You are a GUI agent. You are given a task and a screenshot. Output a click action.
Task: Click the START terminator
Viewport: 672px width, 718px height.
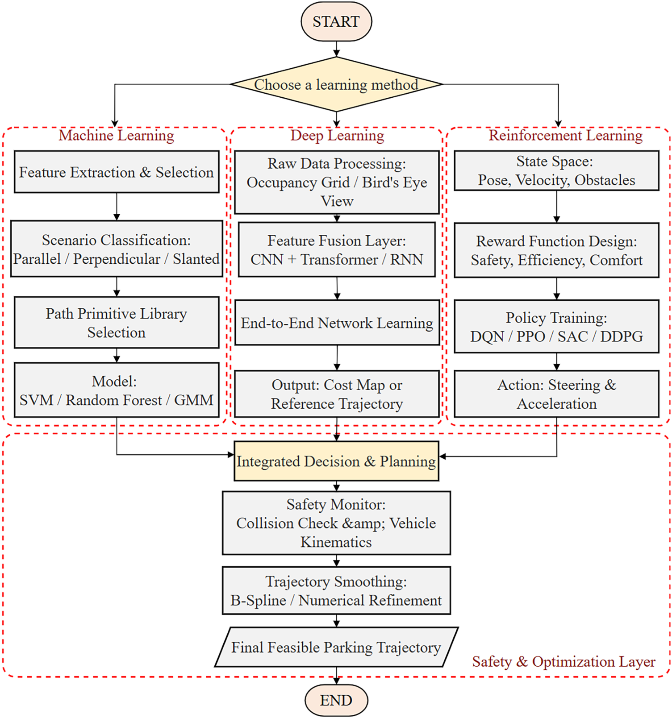point(336,21)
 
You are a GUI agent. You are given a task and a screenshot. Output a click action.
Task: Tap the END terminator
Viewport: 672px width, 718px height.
point(336,700)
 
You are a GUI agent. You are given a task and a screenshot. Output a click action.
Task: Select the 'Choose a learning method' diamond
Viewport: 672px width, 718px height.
point(336,84)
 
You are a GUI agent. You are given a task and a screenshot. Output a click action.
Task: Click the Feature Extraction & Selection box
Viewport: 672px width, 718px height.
point(117,172)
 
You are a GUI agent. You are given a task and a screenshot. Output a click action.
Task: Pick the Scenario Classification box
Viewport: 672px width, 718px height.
point(117,249)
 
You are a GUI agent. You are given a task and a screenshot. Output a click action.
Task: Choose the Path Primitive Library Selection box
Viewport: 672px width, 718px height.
point(117,323)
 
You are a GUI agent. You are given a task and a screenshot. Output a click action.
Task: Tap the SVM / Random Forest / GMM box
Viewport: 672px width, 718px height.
point(117,390)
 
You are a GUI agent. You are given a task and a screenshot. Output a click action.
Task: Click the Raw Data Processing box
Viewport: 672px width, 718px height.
point(337,182)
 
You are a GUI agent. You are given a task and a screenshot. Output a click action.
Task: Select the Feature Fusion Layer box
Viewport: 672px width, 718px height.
point(337,250)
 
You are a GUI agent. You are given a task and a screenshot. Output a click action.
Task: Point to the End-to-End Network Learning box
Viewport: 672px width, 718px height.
point(337,323)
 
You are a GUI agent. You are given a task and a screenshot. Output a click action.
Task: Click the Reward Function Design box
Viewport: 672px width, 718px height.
point(556,250)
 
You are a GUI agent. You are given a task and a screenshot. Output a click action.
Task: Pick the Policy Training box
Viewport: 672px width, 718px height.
point(556,327)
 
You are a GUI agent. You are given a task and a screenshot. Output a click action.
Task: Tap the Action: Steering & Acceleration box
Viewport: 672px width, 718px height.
point(556,394)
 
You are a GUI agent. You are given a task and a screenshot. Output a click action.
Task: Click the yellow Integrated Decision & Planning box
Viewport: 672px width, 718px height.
point(336,461)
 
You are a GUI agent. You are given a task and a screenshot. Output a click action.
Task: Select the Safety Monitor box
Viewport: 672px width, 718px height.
point(336,523)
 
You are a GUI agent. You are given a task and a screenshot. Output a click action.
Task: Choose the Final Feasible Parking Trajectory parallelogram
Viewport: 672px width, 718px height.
point(336,647)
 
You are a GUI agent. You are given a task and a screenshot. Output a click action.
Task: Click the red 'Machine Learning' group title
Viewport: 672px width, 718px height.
point(117,135)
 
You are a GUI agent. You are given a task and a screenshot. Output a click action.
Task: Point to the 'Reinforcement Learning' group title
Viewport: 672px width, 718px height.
point(565,135)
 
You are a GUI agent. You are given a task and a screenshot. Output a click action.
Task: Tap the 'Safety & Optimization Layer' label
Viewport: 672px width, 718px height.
point(563,661)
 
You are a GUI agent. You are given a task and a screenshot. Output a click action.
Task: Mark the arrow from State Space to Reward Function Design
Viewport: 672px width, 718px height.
point(556,207)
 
